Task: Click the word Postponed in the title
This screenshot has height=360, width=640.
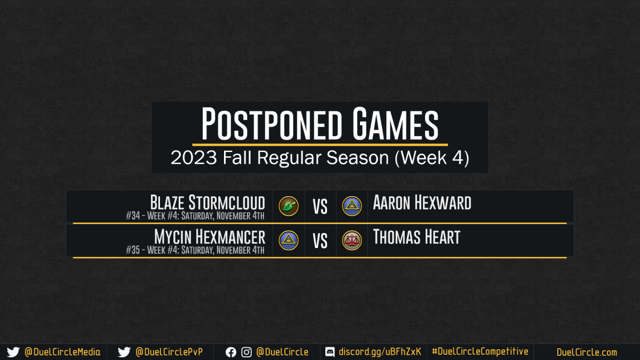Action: point(271,124)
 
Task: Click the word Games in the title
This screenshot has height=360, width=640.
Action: point(395,124)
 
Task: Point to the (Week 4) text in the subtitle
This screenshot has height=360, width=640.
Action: point(431,158)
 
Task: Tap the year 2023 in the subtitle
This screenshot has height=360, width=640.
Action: point(194,157)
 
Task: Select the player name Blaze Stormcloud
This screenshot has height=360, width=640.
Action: point(207,203)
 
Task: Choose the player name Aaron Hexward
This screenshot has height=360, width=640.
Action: point(422,203)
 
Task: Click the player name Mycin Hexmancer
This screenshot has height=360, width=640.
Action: point(210,237)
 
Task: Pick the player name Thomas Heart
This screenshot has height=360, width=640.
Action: point(417,237)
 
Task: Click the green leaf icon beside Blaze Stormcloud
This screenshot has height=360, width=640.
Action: point(289,206)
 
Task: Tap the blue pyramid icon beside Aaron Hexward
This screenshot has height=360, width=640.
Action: point(351,206)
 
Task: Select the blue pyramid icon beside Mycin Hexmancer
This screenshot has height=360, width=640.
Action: point(289,241)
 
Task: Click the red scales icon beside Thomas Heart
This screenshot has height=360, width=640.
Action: point(351,241)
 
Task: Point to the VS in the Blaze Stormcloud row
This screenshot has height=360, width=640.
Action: point(320,206)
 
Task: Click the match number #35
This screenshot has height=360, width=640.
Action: point(133,250)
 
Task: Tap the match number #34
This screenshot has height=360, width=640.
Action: point(133,215)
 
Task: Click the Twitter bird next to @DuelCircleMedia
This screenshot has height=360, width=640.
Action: point(13,352)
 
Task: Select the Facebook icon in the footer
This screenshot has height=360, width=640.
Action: point(231,353)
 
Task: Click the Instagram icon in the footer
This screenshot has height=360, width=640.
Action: point(246,353)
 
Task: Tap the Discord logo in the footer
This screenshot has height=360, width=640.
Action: point(330,352)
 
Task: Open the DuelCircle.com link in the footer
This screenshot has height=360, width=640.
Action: point(587,353)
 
